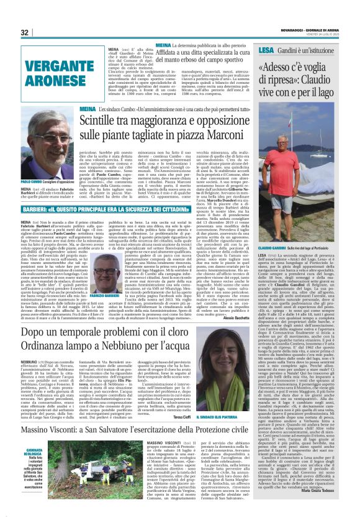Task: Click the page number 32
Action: point(25,32)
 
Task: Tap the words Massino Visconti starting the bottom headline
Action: point(56,430)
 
